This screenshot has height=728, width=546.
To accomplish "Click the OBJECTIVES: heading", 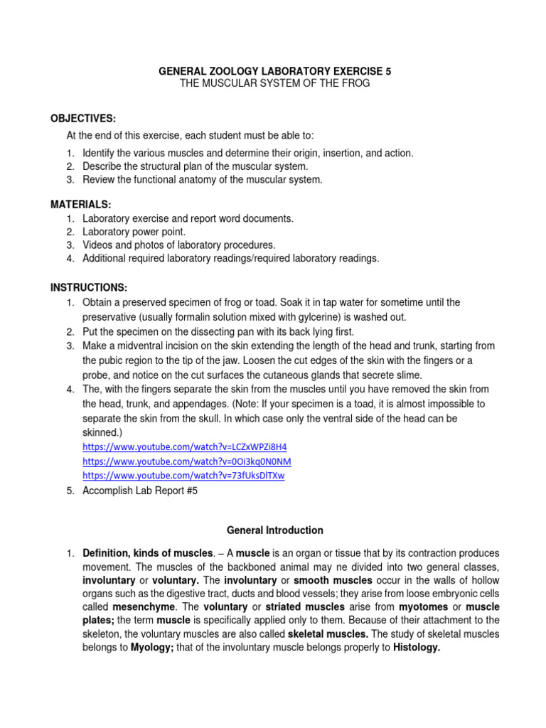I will (x=82, y=117).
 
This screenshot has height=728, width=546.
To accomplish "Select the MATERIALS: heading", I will (x=80, y=205).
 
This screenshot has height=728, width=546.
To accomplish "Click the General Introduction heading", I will (x=274, y=530).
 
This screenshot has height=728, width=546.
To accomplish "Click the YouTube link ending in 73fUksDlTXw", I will (x=183, y=476).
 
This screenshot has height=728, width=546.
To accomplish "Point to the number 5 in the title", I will (x=388, y=71).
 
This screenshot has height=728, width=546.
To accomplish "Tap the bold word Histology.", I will (x=417, y=648).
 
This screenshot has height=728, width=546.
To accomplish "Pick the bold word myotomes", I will (x=424, y=607).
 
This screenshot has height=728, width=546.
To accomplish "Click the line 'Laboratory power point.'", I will (x=134, y=232).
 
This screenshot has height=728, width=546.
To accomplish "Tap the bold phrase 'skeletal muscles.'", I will (x=331, y=634).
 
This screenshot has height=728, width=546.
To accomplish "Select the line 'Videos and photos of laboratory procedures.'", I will (x=178, y=245).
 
